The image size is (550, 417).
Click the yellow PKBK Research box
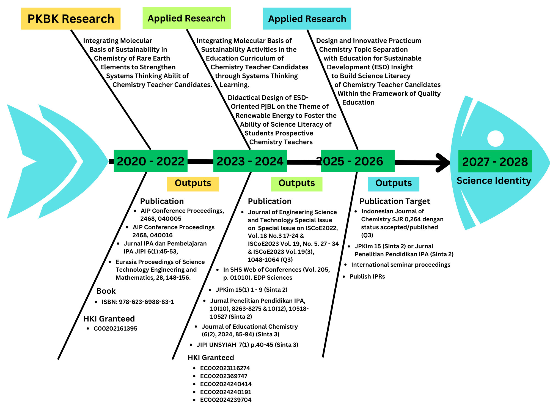coord(71,19)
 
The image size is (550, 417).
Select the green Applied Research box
coord(186,18)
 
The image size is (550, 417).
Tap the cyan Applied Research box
coord(307,19)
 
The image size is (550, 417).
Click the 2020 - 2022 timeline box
coord(150,161)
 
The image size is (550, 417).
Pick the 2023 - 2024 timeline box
coord(250,161)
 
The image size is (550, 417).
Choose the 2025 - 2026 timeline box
coord(358,161)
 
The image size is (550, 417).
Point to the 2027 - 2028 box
coord(495,161)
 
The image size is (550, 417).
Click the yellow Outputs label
coord(193,184)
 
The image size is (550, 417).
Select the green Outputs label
coord(296,184)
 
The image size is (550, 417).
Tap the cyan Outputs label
coord(394,184)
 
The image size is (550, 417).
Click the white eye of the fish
coord(495,138)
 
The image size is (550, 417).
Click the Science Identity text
coord(494,181)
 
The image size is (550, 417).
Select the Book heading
coord(106,291)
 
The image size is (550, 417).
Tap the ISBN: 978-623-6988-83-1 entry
coord(138,302)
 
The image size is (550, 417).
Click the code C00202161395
coord(116,328)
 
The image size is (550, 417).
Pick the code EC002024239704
coord(226,400)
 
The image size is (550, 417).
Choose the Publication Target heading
coord(395,201)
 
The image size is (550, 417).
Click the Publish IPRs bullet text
coord(367,276)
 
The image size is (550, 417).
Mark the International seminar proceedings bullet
coord(401,265)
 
